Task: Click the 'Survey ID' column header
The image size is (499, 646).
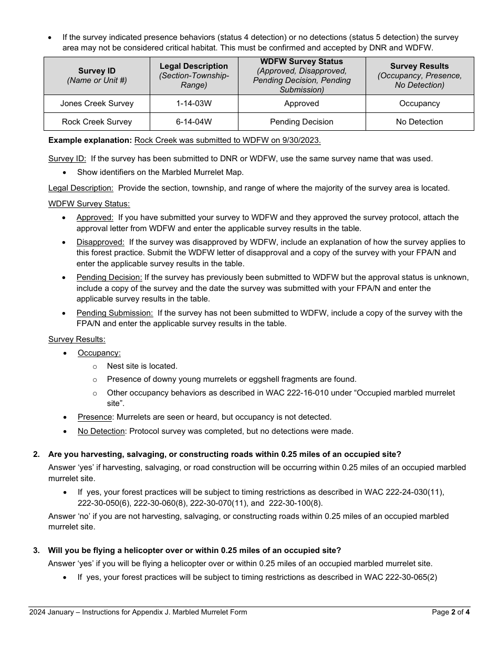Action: [97, 71]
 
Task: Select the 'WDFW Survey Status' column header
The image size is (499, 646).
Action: [302, 62]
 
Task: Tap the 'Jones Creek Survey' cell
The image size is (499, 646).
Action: [97, 103]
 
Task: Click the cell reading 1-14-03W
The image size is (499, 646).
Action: [194, 103]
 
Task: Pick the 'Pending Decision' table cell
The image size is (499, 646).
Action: [302, 122]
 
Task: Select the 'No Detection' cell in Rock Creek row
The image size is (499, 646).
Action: [419, 122]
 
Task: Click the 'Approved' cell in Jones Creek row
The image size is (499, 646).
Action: [302, 103]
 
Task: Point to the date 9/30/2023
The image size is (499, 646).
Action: [303, 140]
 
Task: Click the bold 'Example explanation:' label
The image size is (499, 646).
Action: [90, 140]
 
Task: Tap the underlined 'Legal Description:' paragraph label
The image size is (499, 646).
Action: [80, 188]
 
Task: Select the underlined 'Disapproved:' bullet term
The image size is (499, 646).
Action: [100, 242]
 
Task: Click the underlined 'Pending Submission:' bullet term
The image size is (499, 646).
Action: [115, 313]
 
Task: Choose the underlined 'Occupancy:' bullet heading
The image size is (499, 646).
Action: [99, 353]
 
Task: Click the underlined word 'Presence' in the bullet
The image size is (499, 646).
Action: [95, 417]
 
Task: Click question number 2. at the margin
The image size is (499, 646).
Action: [36, 454]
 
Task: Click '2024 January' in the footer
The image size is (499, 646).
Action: [51, 612]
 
